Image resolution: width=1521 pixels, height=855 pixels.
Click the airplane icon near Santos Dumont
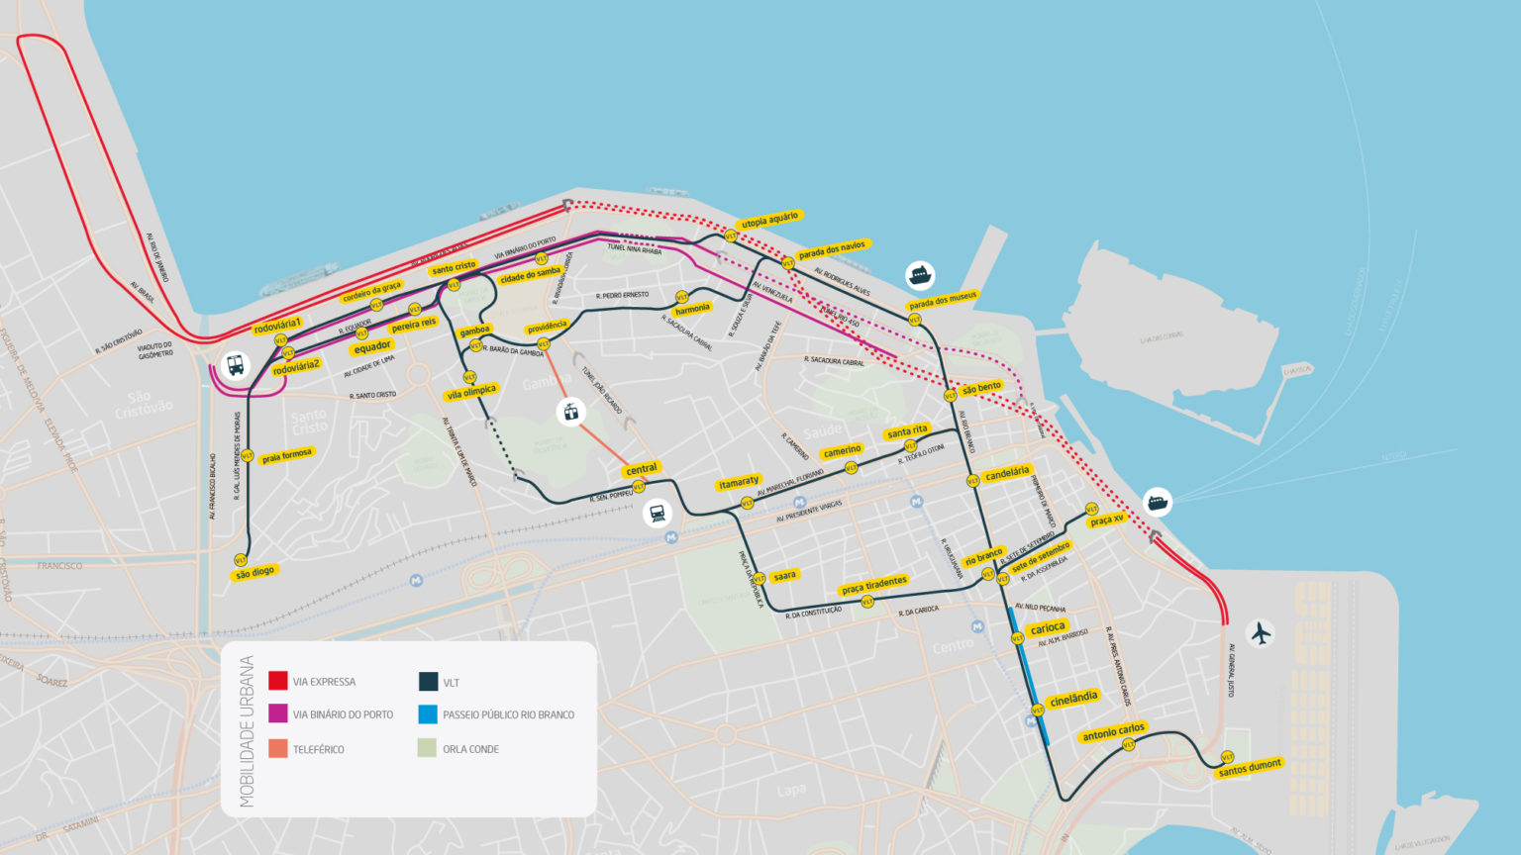click(1260, 632)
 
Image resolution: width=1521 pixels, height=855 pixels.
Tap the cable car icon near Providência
click(570, 412)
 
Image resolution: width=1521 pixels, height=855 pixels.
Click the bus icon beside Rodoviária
click(235, 365)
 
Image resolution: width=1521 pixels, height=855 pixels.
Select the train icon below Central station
click(657, 513)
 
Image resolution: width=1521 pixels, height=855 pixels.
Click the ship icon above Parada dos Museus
click(920, 274)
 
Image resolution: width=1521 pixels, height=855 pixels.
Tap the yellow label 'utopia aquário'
click(769, 220)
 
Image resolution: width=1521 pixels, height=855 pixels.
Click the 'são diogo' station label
click(254, 572)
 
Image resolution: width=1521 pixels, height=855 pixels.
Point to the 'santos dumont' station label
click(1250, 767)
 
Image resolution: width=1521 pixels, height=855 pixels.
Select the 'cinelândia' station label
click(1073, 699)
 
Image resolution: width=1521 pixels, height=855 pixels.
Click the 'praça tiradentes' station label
click(874, 586)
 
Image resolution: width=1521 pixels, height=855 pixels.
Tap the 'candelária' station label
click(1007, 473)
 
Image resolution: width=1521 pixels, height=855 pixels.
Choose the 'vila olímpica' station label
click(471, 393)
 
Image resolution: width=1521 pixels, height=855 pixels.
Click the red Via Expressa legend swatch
click(278, 681)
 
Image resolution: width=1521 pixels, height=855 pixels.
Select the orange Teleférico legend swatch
click(278, 749)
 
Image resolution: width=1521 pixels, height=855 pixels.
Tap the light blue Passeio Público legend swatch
click(428, 714)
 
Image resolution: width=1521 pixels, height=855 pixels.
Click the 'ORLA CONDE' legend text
click(470, 749)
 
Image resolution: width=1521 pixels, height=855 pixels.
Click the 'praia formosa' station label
click(287, 456)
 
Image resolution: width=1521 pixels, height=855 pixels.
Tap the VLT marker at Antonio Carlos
click(1128, 745)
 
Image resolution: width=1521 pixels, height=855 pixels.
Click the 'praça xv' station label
click(1107, 520)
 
